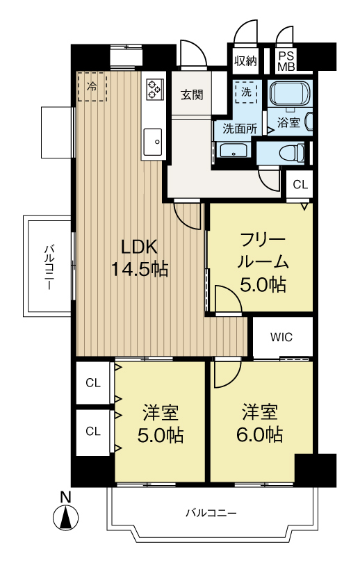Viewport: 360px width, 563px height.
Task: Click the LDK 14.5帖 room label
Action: (x=139, y=257)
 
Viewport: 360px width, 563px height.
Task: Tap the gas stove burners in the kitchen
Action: (x=155, y=89)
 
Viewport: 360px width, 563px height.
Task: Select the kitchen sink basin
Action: (x=152, y=142)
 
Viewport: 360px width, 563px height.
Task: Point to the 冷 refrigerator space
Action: (x=92, y=86)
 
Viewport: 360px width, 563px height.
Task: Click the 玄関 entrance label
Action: (x=192, y=95)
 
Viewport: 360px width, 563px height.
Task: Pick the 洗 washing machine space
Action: (x=246, y=92)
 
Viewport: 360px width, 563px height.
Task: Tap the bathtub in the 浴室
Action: (x=289, y=93)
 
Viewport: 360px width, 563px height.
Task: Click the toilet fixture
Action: (x=292, y=153)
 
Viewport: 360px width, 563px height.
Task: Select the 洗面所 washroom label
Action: (x=240, y=128)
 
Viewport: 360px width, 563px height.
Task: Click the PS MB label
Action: (x=286, y=61)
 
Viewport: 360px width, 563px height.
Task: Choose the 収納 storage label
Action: (x=246, y=60)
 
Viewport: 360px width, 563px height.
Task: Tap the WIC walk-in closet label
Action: (x=281, y=337)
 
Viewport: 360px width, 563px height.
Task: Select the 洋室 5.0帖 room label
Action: (x=160, y=423)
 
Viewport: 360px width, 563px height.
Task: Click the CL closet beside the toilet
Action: (x=300, y=185)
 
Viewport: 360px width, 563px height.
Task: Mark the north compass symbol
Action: (x=65, y=512)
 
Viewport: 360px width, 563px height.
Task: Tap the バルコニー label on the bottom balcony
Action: (x=211, y=513)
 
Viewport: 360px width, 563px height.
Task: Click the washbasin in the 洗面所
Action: (x=234, y=150)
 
